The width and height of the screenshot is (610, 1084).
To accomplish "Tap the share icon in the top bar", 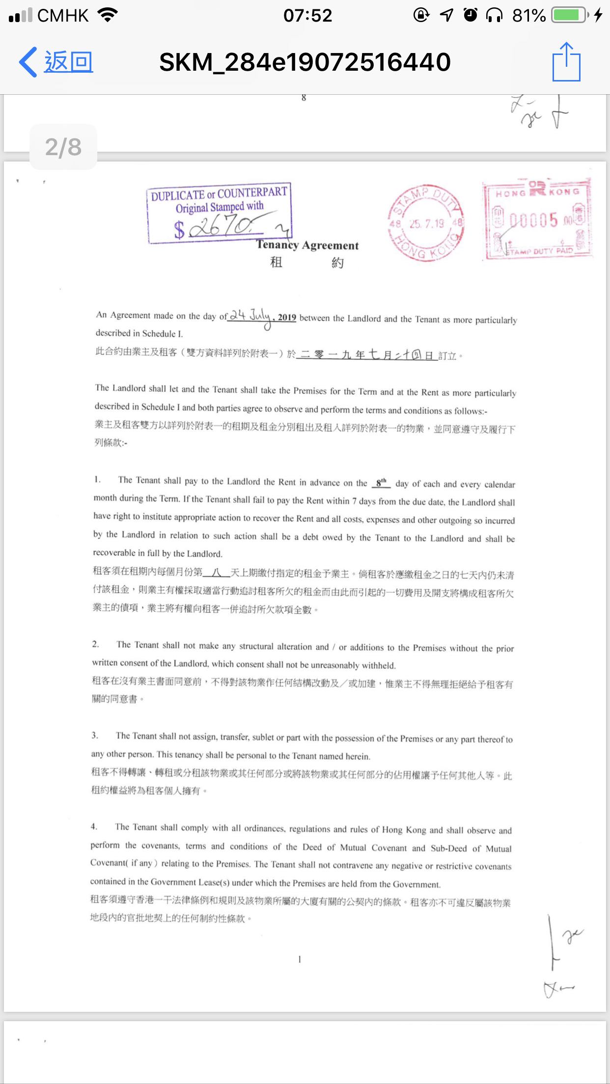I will (x=566, y=62).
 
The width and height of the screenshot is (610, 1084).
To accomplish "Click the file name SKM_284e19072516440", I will (x=305, y=62).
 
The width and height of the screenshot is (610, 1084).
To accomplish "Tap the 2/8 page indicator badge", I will (x=63, y=147).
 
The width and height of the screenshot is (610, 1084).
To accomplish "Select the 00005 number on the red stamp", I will (x=533, y=220).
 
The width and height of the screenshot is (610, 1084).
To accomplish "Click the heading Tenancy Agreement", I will (x=307, y=244).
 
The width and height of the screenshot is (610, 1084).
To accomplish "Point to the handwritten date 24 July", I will (x=250, y=316).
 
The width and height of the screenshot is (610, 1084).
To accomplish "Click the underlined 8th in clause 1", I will (x=381, y=483).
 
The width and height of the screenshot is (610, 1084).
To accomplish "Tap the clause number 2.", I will (x=95, y=644).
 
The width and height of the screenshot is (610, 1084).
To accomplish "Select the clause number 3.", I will (x=95, y=735).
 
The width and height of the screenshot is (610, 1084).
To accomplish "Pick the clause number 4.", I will (x=94, y=826).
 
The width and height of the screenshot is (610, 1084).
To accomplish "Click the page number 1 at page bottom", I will (x=300, y=959).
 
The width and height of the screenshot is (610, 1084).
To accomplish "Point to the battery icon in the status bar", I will (x=569, y=15).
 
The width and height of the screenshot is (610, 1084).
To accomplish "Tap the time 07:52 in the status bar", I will (x=307, y=15).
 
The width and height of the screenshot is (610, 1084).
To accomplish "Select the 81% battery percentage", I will (x=528, y=16).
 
